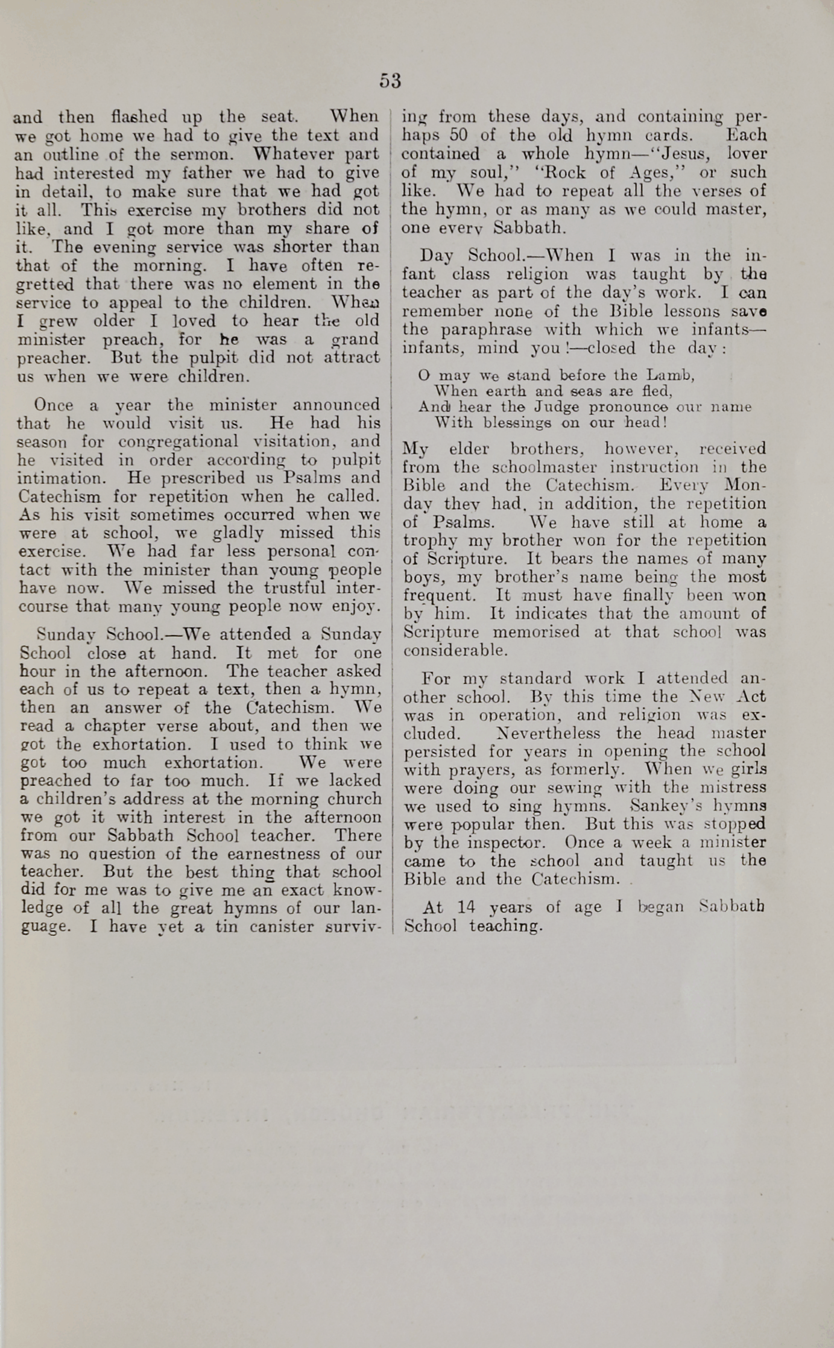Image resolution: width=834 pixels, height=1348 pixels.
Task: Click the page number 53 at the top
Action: (x=390, y=81)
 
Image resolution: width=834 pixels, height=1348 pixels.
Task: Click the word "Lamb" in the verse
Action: (x=674, y=376)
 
